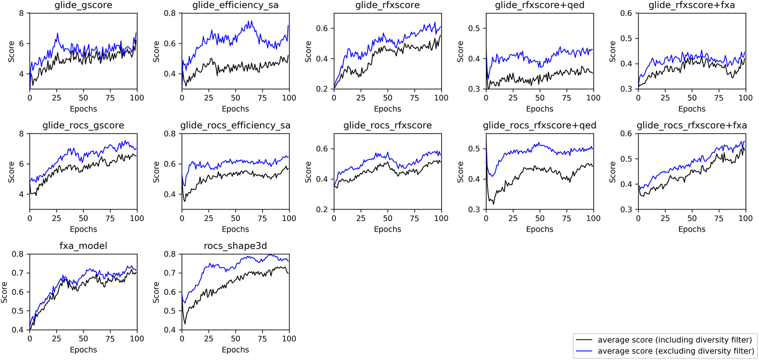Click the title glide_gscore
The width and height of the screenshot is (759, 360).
coord(83,6)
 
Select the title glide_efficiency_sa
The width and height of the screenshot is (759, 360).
coord(235,6)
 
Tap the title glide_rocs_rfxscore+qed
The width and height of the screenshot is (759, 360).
coord(539,126)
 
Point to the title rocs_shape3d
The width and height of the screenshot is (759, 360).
coord(235,246)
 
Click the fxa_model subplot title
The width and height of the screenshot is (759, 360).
coord(83,246)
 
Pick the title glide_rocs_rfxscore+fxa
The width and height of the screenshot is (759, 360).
coord(691,126)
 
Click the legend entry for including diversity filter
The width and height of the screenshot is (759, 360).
coord(674,340)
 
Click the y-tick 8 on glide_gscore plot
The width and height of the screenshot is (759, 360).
coord(21,13)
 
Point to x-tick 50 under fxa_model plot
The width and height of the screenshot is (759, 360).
coord(83,339)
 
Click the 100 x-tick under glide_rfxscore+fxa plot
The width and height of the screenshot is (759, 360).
coord(745,98)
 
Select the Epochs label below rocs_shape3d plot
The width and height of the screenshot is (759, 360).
coord(235,350)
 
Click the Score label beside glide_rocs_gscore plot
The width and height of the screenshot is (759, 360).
coord(11,171)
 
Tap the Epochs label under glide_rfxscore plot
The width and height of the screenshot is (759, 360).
coord(387,109)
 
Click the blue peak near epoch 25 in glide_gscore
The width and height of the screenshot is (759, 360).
coord(57,33)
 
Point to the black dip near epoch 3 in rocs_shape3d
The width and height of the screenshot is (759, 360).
coord(185,324)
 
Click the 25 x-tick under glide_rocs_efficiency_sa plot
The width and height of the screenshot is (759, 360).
coord(209,219)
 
